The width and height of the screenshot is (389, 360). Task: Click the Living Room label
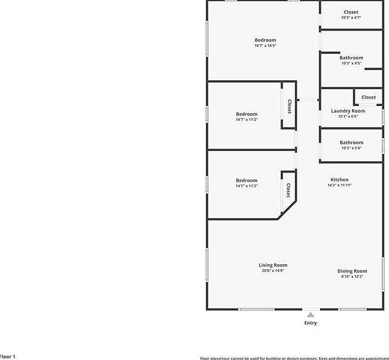(273, 265)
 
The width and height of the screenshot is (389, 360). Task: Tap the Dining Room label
(352, 271)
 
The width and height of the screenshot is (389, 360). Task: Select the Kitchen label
(339, 180)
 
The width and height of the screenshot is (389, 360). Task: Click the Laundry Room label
(348, 111)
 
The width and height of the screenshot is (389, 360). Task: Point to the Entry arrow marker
(310, 314)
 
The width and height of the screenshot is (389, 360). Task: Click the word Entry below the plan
(311, 323)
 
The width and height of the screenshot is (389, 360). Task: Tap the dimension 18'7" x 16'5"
(265, 46)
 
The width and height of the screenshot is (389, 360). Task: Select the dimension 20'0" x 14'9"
(273, 271)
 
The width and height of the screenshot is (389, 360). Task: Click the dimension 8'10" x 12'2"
(352, 277)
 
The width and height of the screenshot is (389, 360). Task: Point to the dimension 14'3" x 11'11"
(339, 186)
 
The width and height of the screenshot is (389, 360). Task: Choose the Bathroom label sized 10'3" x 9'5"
(351, 58)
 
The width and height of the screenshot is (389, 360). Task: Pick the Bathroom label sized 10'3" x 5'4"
(351, 143)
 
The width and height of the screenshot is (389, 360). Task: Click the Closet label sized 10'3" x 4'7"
(351, 12)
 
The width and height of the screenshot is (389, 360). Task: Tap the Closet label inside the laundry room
(369, 97)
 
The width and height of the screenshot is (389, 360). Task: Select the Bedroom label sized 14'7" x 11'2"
(247, 114)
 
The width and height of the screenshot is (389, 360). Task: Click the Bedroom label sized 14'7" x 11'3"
(247, 180)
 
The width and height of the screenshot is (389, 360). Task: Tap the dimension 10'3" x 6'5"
(348, 117)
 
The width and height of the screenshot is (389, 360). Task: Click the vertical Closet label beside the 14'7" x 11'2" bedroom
(289, 107)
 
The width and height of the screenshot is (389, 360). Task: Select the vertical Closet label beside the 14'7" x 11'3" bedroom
(288, 190)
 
